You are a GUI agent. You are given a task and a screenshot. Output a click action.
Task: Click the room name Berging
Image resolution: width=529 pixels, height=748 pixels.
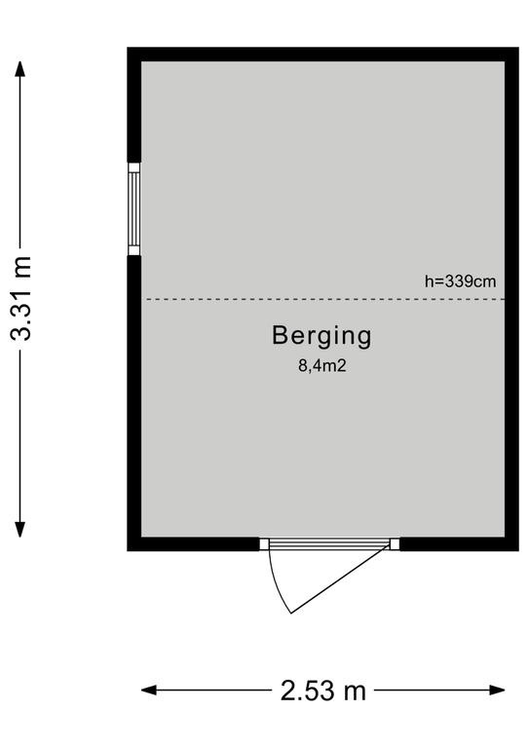[x=321, y=336]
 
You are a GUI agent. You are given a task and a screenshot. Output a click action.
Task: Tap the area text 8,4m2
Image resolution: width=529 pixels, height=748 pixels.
[x=322, y=366]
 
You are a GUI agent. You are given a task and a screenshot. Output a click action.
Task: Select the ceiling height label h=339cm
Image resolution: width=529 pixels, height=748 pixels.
[x=460, y=281]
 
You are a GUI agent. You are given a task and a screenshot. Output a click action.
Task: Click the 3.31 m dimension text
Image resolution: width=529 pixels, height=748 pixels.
[x=21, y=298]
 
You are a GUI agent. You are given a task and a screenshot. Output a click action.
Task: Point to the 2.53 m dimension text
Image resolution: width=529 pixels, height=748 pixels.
[x=322, y=691]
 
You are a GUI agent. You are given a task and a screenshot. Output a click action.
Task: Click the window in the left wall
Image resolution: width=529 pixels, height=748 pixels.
[x=134, y=209]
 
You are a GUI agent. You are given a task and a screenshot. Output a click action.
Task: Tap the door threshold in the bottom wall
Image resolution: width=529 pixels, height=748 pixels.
[x=329, y=543]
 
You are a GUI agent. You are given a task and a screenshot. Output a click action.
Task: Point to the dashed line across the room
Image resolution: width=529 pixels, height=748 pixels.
[x=325, y=299]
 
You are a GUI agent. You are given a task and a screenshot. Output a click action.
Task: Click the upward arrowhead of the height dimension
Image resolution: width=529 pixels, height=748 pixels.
[x=19, y=70]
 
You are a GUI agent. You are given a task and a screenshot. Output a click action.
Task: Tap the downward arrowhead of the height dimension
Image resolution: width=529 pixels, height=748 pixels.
[x=19, y=529]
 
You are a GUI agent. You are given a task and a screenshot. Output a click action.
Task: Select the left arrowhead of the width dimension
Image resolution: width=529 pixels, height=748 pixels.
[x=149, y=690]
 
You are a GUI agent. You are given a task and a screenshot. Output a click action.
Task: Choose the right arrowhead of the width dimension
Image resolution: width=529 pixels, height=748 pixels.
[x=497, y=690]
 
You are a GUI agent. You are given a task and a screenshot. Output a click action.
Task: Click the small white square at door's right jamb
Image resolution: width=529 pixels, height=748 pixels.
[x=395, y=543]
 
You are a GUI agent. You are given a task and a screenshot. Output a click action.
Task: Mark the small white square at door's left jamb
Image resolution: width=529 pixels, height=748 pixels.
[x=264, y=543]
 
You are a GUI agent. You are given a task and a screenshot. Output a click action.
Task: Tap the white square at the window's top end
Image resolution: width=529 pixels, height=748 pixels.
[x=134, y=168]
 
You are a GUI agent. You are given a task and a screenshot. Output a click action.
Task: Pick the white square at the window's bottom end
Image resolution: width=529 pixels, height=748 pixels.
[x=134, y=250]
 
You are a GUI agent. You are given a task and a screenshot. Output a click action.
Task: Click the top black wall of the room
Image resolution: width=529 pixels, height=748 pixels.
[x=322, y=55]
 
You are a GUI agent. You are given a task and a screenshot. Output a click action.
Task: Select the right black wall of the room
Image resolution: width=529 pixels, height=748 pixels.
[x=511, y=299]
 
